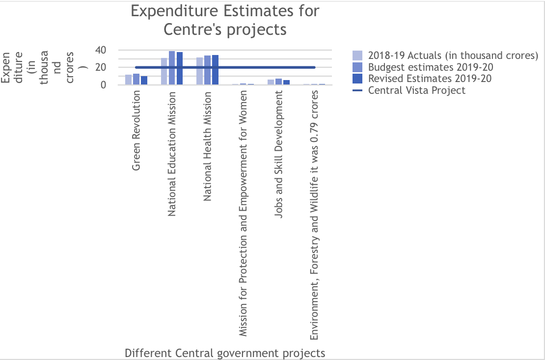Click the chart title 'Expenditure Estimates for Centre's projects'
click(x=225, y=20)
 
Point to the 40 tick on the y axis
click(x=101, y=50)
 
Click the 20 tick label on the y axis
click(x=101, y=67)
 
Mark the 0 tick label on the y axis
click(x=104, y=84)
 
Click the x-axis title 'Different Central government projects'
click(x=225, y=353)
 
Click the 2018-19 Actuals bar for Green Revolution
click(x=129, y=80)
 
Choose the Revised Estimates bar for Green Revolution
click(x=144, y=81)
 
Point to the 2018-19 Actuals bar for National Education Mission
click(x=164, y=71)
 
